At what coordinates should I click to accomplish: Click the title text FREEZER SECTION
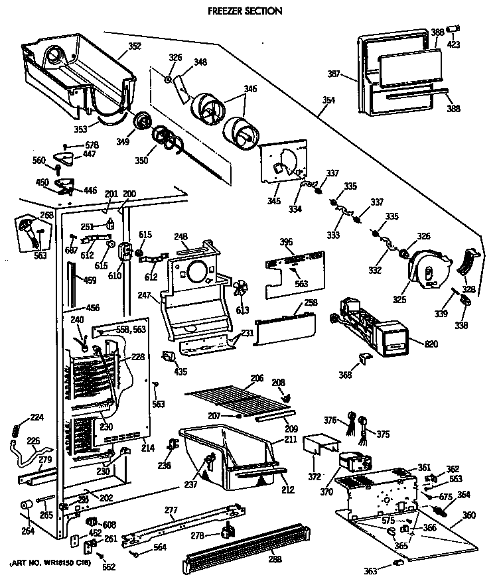246,11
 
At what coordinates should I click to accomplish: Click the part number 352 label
135,47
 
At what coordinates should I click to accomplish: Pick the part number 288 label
275,559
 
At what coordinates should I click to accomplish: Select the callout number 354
328,101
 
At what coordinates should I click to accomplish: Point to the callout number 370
326,492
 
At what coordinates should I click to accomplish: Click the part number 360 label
468,515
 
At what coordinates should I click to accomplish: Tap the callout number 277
171,510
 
